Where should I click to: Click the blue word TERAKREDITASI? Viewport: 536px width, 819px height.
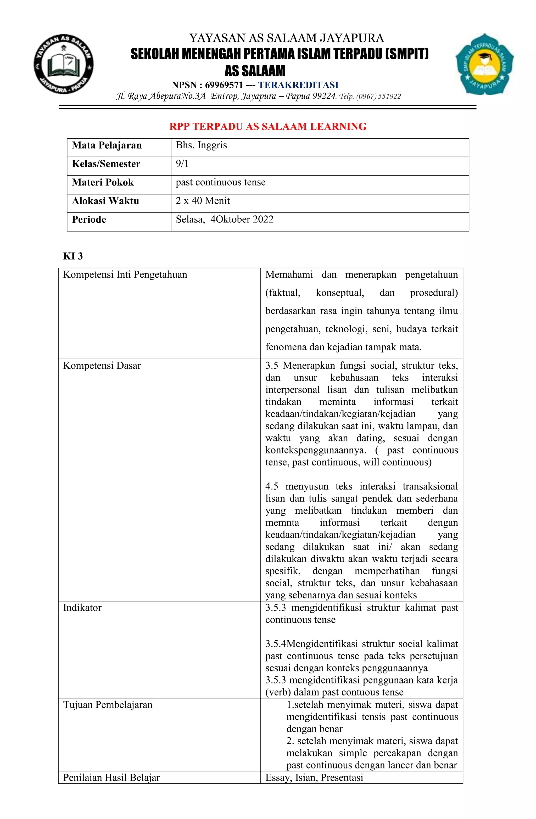coord(298,85)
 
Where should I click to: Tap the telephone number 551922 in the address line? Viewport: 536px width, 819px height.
coord(390,96)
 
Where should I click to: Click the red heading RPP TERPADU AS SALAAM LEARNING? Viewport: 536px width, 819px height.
coord(268,126)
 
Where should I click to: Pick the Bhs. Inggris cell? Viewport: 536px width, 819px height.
coord(201,145)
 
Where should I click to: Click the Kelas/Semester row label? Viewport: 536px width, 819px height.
coord(106,164)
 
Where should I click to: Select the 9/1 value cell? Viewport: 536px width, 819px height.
coord(182,164)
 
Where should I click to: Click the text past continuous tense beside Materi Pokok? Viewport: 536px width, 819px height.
coord(221,182)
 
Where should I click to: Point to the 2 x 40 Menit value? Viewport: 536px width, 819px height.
coord(203,201)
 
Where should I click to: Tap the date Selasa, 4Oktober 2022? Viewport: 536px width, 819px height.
coord(225,220)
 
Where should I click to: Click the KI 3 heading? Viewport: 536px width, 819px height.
coord(73,256)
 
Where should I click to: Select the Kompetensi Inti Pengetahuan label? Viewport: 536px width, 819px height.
coord(125,274)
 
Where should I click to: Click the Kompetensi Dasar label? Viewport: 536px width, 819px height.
coord(102,366)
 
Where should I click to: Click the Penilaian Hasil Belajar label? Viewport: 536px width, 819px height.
coord(111,777)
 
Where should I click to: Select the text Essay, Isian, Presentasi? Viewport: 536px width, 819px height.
coord(314,777)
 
